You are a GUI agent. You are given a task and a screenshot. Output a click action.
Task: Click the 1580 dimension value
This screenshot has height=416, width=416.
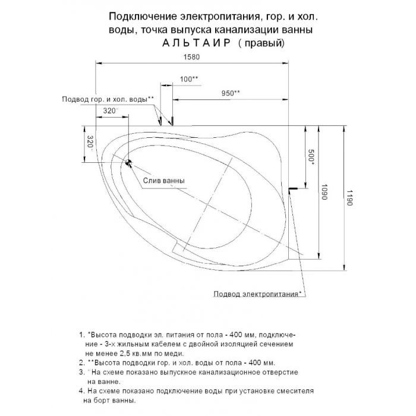191,58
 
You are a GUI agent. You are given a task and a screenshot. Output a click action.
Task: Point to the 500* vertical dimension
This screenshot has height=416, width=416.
311,156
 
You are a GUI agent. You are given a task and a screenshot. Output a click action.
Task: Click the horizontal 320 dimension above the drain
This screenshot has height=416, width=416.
110,111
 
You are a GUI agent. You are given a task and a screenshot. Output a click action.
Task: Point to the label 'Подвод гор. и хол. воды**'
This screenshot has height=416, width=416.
108,99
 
